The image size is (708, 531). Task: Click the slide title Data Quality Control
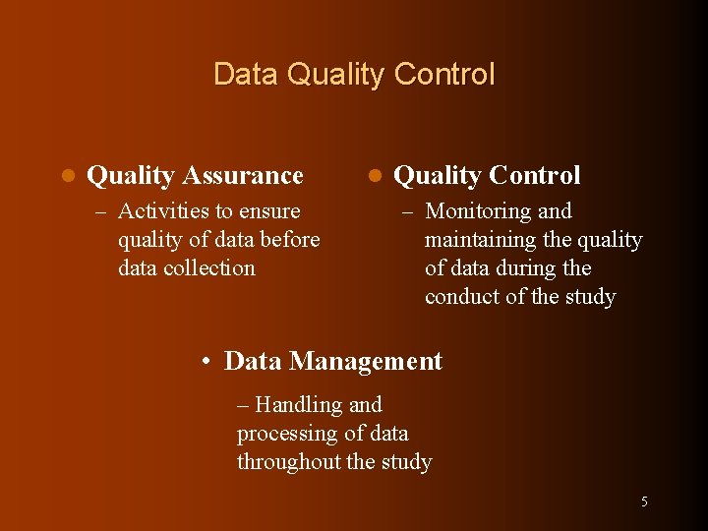(354, 75)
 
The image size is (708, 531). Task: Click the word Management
(366, 362)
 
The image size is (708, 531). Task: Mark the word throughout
(287, 462)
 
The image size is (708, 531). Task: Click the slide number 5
(644, 501)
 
